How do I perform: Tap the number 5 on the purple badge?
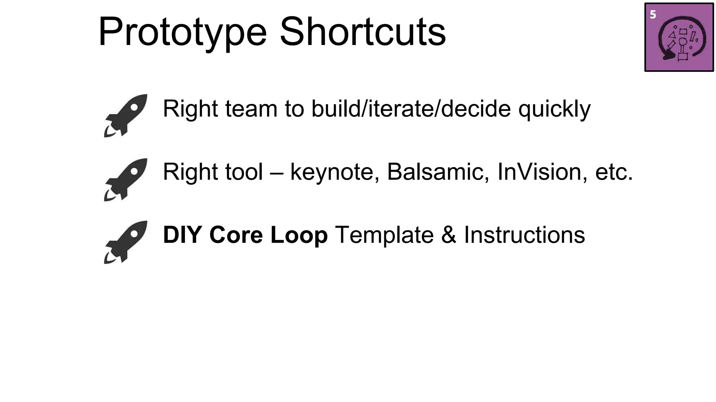coord(653,15)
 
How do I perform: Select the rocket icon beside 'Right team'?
coord(126,115)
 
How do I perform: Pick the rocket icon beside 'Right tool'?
coord(126,179)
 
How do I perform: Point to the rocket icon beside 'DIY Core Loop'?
coord(126,242)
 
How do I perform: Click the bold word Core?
coord(236,235)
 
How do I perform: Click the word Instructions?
coord(524,235)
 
